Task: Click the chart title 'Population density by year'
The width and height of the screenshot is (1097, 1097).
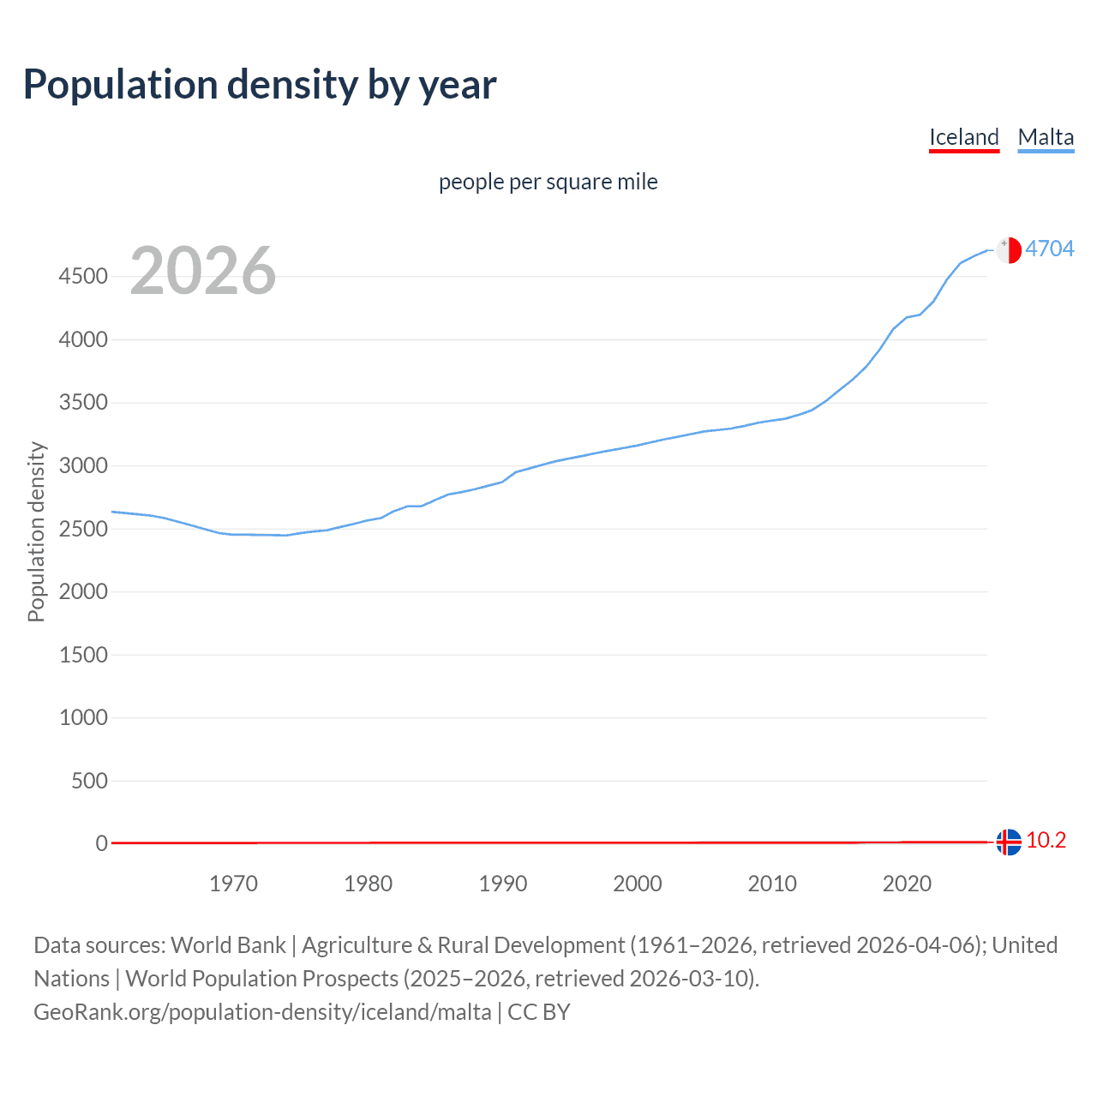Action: [x=260, y=85]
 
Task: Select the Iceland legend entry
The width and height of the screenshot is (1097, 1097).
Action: [x=964, y=137]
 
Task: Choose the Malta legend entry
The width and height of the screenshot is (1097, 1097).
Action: [x=1046, y=137]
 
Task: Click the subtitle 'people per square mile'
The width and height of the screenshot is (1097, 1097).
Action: [x=548, y=182]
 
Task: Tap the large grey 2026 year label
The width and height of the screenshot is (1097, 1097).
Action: [x=203, y=271]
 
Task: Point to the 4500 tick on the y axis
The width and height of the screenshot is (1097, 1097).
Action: [x=83, y=277]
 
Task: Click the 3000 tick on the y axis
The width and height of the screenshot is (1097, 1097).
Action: [x=83, y=466]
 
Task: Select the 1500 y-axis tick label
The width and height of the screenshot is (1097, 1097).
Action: [x=83, y=655]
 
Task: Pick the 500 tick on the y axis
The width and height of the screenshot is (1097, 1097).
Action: [x=89, y=781]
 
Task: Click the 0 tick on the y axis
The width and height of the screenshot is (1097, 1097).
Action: [x=101, y=844]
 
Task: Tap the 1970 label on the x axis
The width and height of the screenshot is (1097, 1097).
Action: [x=233, y=884]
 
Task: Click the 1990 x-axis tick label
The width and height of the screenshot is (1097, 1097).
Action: [x=503, y=884]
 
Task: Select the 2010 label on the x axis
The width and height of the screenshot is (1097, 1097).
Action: [x=772, y=884]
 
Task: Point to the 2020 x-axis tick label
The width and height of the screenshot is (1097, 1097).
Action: [x=907, y=884]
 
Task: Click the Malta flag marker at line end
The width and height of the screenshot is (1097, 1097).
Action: [x=1009, y=249]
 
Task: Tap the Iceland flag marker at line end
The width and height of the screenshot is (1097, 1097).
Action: [x=1009, y=842]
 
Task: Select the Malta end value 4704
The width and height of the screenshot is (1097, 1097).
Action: [x=1050, y=249]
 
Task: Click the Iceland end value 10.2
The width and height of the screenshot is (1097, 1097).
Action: [x=1046, y=841]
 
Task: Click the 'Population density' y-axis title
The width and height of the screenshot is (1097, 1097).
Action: [x=36, y=531]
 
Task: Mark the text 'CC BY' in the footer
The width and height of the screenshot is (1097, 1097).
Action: [x=538, y=1012]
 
